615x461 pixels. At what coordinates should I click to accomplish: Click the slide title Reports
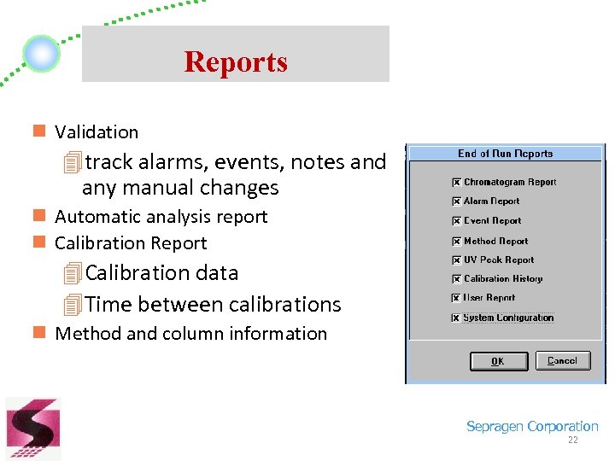[235, 61]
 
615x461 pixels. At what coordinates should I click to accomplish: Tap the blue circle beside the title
[41, 54]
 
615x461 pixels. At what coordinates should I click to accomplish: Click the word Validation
[97, 132]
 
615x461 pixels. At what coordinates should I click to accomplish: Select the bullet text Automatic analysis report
[161, 217]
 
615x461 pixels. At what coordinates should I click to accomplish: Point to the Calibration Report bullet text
[131, 243]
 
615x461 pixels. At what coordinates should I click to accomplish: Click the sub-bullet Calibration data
[161, 273]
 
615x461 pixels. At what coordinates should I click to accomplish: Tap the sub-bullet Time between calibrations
[213, 304]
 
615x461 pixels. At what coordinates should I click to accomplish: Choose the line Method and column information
[190, 334]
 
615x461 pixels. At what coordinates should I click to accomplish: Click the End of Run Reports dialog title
[505, 154]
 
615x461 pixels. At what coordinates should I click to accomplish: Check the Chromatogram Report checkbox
[457, 183]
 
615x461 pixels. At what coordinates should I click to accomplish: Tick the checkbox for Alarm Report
[457, 201]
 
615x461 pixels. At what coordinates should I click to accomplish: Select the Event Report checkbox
[457, 221]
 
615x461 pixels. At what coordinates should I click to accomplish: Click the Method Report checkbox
[457, 242]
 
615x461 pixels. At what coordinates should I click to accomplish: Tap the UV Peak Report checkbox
[457, 260]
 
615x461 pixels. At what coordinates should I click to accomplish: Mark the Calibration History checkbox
[457, 279]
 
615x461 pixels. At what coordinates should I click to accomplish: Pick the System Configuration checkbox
[457, 318]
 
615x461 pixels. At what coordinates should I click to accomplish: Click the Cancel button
[562, 361]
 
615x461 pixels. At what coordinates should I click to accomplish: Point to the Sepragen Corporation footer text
[532, 427]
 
